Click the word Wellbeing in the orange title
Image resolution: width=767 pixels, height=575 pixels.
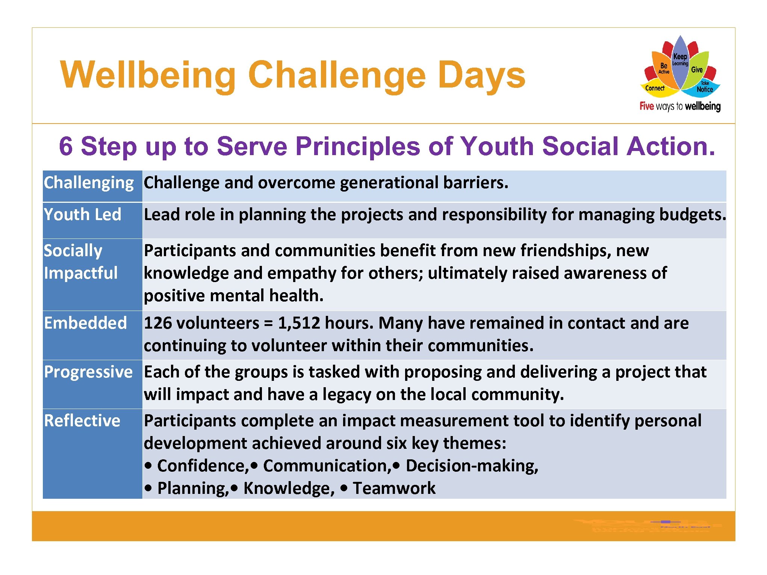pos(148,75)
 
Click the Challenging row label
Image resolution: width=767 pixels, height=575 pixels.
pos(89,183)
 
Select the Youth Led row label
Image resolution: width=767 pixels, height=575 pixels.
pos(83,215)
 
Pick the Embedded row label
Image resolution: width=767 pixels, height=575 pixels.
pos(85,323)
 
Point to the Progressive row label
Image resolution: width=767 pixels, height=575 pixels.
pos(88,372)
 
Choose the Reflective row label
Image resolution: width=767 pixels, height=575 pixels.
pos(82,421)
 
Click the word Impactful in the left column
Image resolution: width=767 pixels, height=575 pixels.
pos(81,273)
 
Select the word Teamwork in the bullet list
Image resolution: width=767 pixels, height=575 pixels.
pos(394,489)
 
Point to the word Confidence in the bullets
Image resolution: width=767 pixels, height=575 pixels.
pos(202,466)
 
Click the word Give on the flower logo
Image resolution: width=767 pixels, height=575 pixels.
pos(697,69)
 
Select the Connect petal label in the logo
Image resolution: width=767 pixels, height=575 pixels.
pos(655,88)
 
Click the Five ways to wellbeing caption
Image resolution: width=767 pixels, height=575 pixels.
pos(680,106)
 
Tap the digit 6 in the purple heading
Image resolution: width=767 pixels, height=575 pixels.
pos(66,146)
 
